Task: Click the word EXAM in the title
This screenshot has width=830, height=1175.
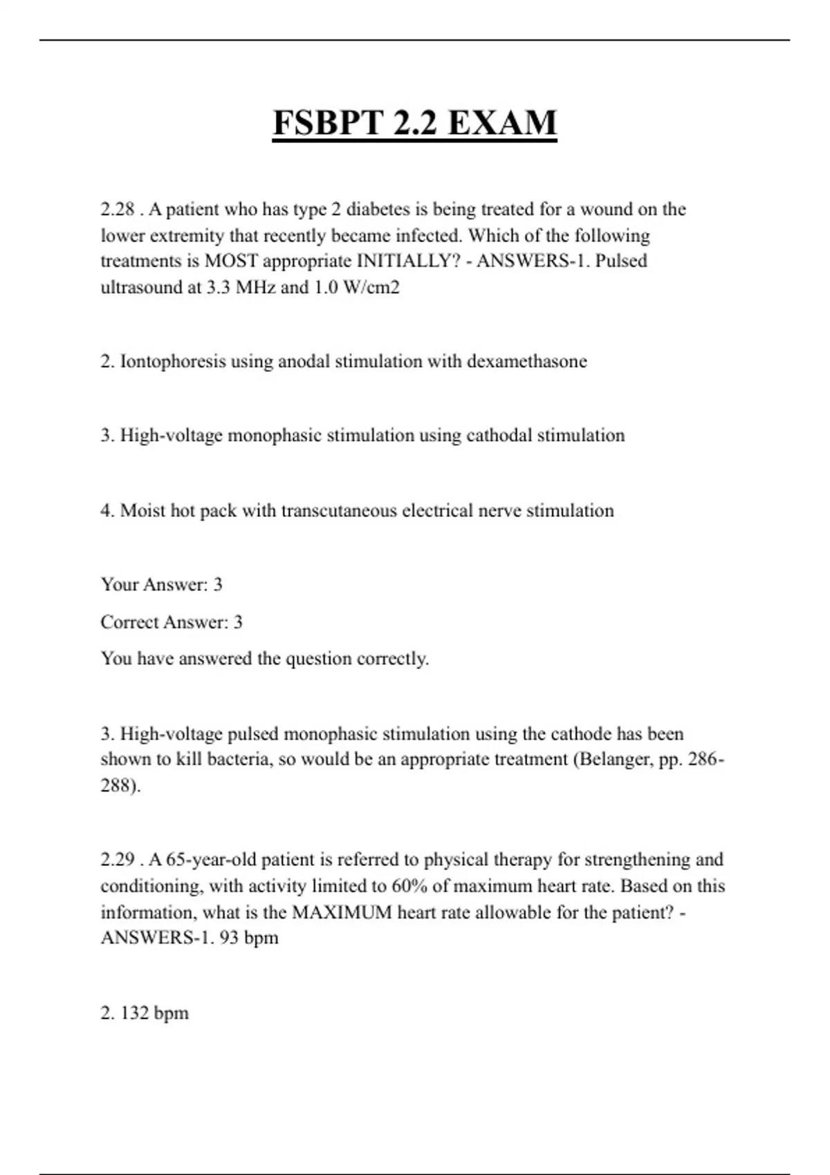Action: tap(502, 123)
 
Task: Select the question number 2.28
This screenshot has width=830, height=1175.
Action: tap(118, 209)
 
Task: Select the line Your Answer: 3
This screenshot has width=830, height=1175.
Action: tap(162, 585)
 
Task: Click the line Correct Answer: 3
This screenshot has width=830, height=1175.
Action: tap(172, 622)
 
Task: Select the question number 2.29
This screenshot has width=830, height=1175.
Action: tap(118, 860)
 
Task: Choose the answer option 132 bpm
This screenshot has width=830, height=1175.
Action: tap(154, 1013)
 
